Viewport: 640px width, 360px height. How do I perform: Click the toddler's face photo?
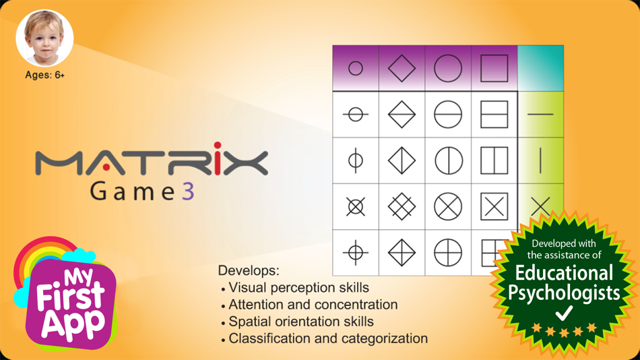[44, 38]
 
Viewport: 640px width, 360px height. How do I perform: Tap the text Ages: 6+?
[45, 76]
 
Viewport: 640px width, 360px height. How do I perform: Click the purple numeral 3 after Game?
[188, 191]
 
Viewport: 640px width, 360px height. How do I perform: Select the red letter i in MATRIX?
[218, 158]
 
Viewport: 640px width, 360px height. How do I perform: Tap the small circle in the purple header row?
[356, 68]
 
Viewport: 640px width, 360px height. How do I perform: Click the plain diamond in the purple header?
[402, 68]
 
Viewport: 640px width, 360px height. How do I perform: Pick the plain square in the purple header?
[494, 68]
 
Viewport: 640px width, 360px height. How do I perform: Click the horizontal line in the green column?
[540, 115]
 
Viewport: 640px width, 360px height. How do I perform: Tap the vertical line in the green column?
[540, 160]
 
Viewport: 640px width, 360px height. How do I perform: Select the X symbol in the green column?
[540, 206]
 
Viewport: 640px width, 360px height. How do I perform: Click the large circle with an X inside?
[448, 207]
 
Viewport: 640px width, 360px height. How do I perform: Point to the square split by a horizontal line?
[494, 115]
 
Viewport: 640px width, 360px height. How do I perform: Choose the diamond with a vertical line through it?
[402, 160]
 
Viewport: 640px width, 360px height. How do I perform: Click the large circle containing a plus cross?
[448, 253]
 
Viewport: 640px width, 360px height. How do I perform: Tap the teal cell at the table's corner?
[540, 68]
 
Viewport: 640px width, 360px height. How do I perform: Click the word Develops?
[249, 270]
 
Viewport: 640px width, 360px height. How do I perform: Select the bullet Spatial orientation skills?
[301, 322]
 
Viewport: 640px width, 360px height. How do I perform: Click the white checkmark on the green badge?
[564, 313]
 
